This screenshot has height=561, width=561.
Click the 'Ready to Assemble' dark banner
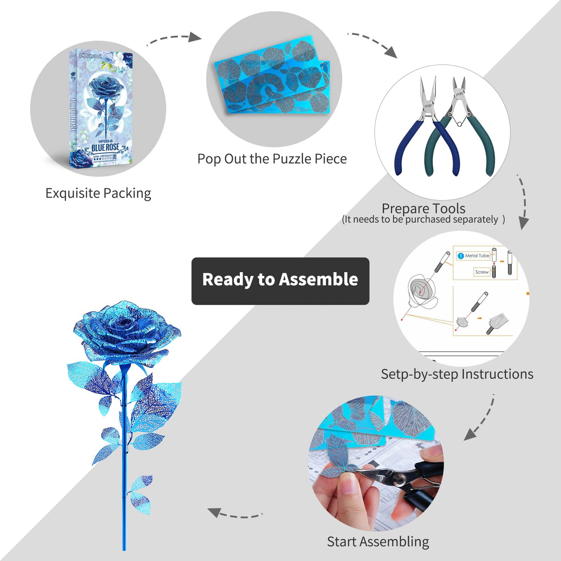(280, 280)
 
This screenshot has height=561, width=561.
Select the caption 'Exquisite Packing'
(98, 193)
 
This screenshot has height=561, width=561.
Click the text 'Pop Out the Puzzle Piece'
(272, 159)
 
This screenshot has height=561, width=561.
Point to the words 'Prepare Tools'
(423, 208)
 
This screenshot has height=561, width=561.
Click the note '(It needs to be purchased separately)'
(423, 220)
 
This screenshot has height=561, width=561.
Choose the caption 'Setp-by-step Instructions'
(457, 374)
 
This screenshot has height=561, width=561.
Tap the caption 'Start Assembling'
(378, 541)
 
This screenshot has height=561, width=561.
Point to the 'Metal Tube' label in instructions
(477, 256)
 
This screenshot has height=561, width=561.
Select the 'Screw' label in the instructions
(482, 272)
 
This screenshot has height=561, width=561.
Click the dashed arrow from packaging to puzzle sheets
(174, 39)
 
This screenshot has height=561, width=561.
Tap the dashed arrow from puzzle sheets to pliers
(373, 43)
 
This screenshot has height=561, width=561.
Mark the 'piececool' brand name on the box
(90, 55)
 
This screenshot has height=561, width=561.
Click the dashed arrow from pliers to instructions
(523, 202)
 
